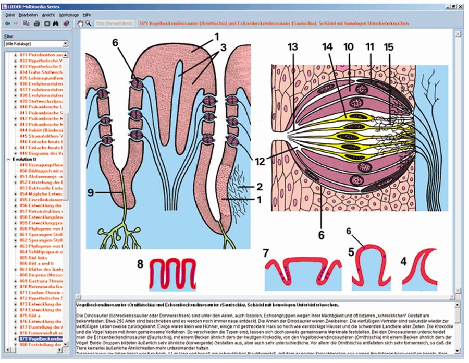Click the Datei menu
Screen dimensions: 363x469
[10, 15]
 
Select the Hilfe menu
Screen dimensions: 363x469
[87, 15]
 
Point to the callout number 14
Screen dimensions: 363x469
[327, 47]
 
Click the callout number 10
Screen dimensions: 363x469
[349, 47]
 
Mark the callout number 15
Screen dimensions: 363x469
[388, 47]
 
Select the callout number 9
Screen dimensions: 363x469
[90, 193]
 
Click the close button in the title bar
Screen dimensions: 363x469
[462, 5]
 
